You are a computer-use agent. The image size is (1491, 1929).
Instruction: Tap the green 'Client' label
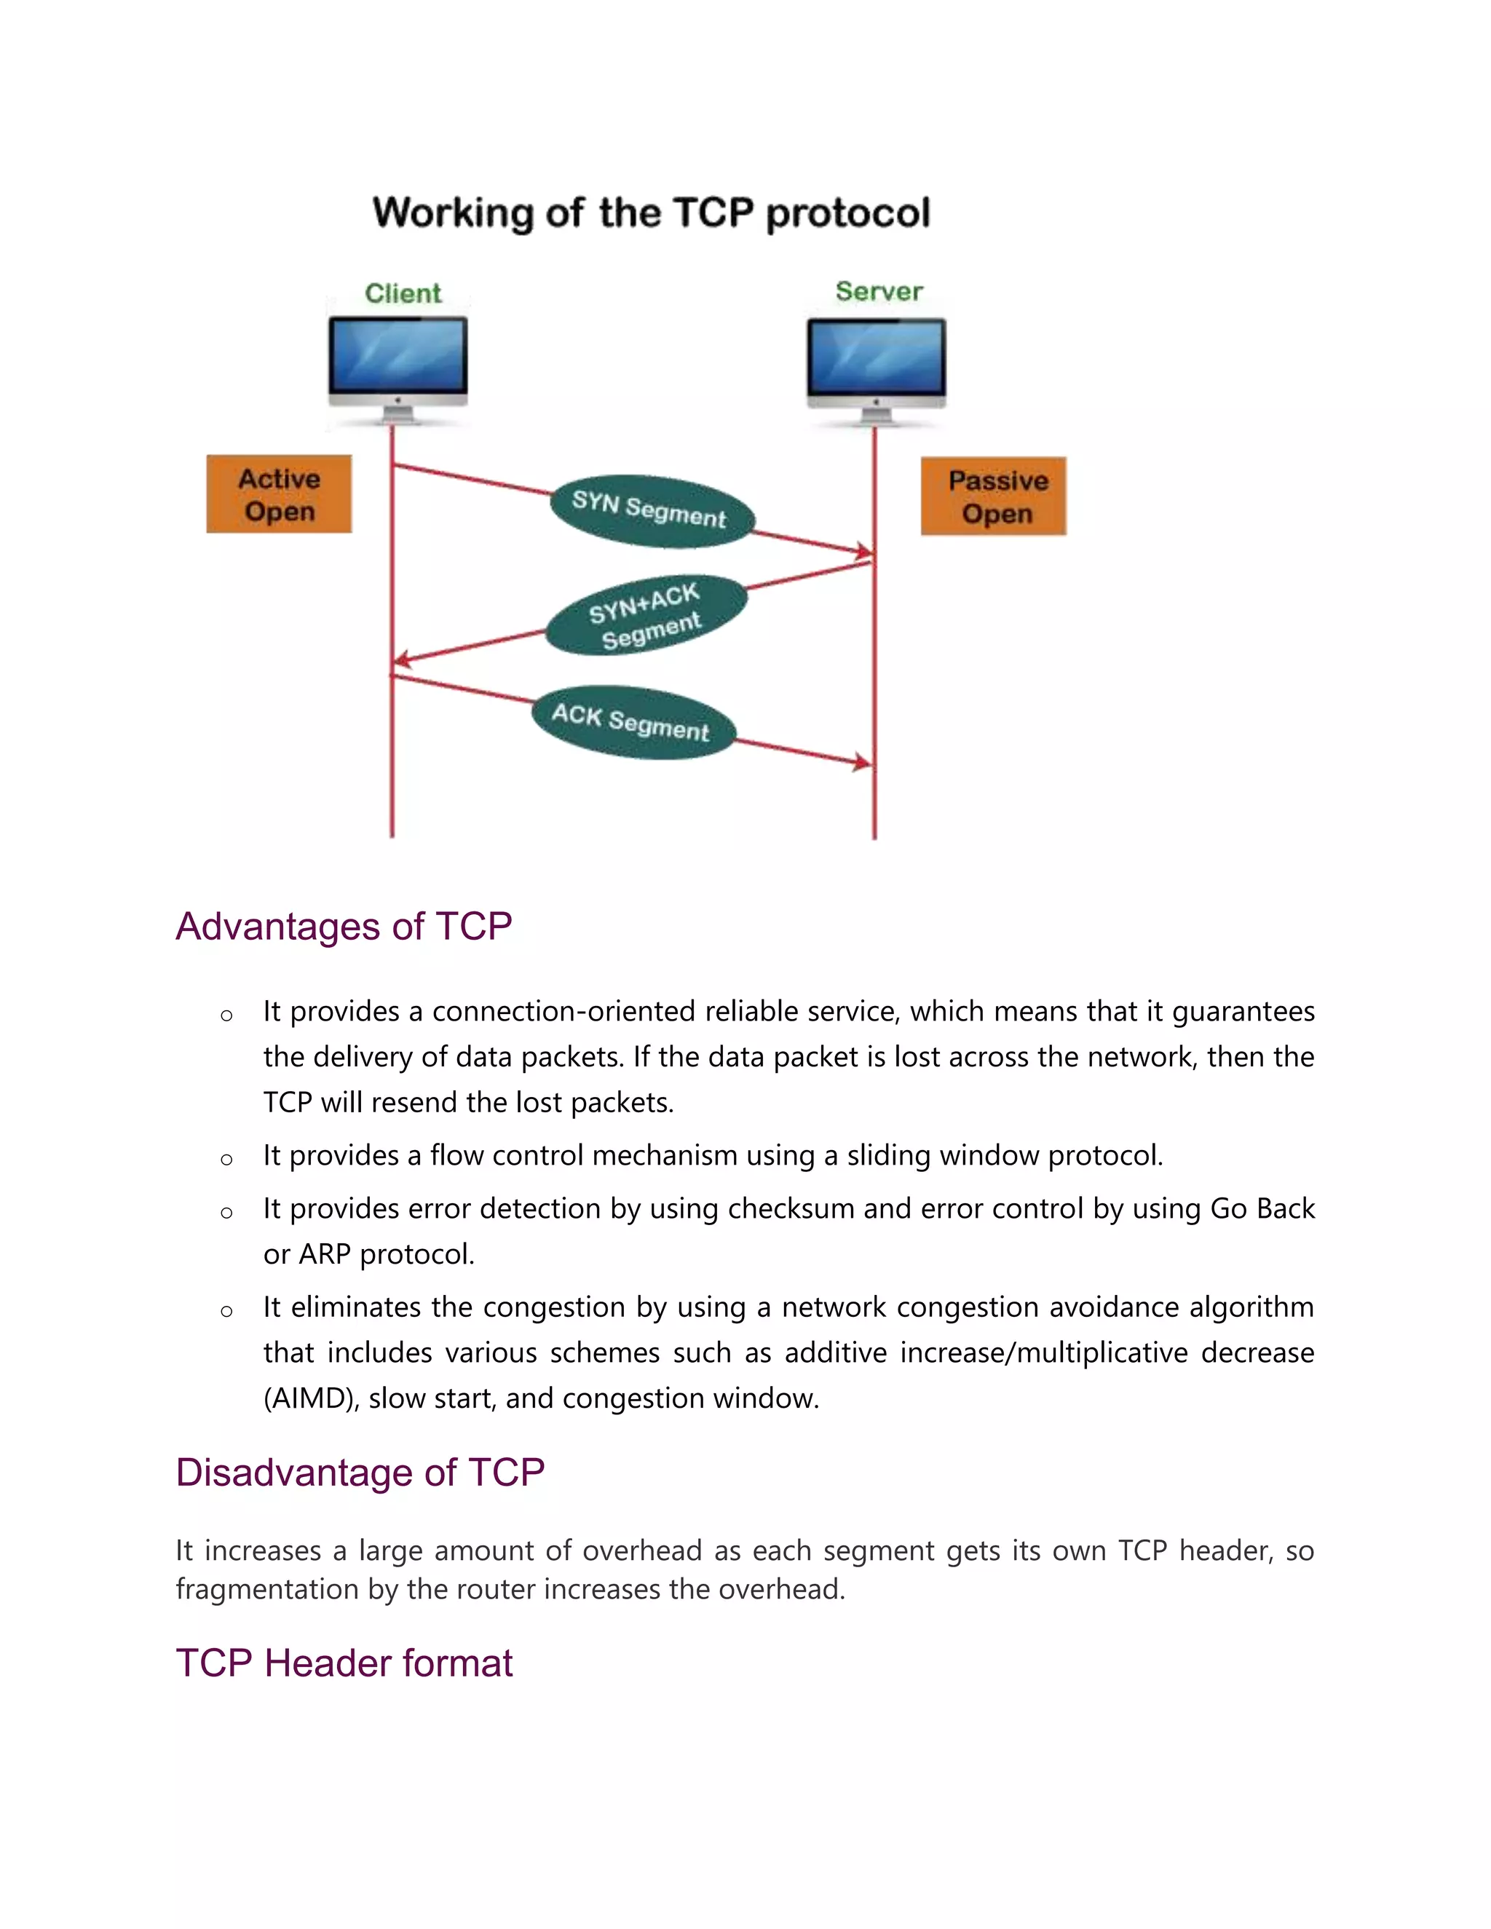[x=403, y=293]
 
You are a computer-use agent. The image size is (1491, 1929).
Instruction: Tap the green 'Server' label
[x=879, y=291]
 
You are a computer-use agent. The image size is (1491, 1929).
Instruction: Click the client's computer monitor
[x=398, y=357]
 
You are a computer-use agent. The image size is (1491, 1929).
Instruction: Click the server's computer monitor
[x=877, y=357]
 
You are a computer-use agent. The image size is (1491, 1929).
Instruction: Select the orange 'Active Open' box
[x=279, y=494]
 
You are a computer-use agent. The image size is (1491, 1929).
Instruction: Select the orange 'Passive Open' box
[x=994, y=496]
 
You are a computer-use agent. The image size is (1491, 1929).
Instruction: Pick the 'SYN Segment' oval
[x=651, y=510]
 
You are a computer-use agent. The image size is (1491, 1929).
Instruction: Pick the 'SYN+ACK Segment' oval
[x=646, y=616]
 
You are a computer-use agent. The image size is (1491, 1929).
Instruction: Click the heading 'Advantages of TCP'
[x=344, y=927]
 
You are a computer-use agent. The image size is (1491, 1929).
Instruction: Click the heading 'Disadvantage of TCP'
[x=360, y=1473]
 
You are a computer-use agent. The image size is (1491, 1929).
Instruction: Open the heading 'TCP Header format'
[x=344, y=1663]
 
